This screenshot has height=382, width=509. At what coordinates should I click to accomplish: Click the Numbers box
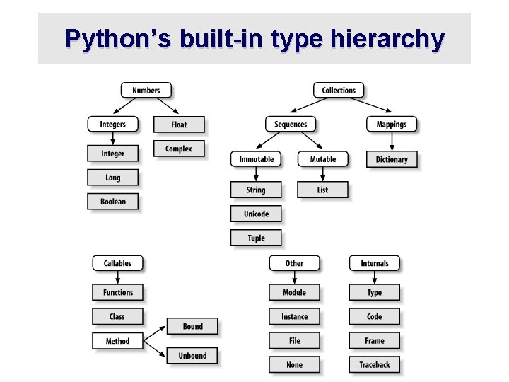point(146,91)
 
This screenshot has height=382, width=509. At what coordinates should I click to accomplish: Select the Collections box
point(339,91)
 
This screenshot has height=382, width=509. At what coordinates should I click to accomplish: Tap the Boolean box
point(112,202)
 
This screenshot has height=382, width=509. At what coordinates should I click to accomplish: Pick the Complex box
point(179,149)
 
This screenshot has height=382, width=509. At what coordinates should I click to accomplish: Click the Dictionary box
point(392,159)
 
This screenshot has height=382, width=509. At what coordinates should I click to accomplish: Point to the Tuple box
point(256,238)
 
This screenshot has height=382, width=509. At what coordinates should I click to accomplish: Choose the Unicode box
point(256,214)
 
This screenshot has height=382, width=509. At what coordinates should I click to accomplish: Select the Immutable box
point(256,159)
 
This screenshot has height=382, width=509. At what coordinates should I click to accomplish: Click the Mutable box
point(322,159)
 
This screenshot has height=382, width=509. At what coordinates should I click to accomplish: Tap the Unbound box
point(192,356)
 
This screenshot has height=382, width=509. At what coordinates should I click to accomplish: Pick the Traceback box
point(374,365)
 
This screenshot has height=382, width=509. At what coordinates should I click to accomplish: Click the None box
point(294,365)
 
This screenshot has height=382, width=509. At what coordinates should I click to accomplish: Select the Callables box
point(117,263)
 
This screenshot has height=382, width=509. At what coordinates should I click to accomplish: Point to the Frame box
point(374,341)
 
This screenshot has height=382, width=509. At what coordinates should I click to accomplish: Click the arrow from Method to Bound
point(155,334)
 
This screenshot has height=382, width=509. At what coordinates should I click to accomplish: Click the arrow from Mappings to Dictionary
point(392,141)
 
